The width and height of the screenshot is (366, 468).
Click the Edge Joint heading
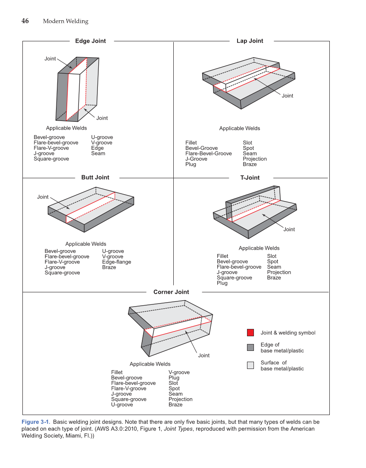[91, 41]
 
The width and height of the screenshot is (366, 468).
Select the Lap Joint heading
[250, 41]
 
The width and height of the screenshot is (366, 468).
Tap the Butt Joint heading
[95, 177]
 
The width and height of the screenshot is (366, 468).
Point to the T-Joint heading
[250, 177]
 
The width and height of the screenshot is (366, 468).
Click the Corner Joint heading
[171, 292]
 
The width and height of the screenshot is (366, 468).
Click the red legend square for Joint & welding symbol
[250, 333]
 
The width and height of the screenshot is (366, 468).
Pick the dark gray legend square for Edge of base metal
[250, 347]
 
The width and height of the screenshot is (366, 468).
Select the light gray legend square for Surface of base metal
[250, 366]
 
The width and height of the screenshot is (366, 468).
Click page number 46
[25, 21]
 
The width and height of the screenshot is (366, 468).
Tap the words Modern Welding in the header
[66, 22]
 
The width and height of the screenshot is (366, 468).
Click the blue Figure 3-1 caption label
[36, 422]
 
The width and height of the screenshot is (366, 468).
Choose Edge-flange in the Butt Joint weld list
[116, 262]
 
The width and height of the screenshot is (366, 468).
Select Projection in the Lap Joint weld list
[255, 159]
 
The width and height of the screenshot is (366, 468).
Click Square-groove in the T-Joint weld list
[235, 278]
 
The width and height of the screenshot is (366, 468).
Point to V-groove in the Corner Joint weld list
[179, 372]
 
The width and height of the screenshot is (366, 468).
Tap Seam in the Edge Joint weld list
[98, 153]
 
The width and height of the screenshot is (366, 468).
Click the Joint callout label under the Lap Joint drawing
[288, 96]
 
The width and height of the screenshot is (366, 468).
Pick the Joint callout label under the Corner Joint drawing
[204, 355]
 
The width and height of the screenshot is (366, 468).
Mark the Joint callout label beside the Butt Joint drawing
[43, 197]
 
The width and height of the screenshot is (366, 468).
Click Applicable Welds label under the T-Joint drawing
[259, 248]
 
